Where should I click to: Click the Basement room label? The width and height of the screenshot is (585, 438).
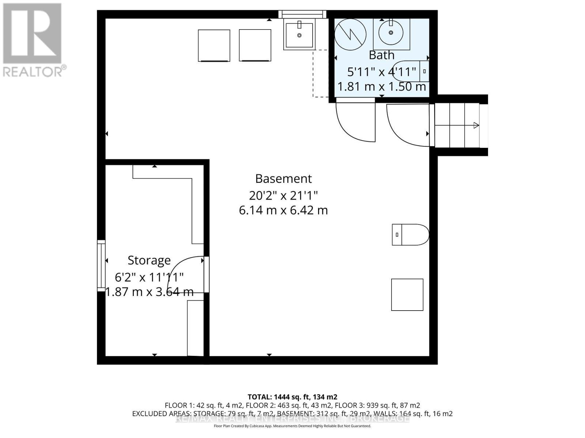[x=283, y=179]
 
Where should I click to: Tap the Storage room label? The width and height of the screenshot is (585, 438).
[x=149, y=260]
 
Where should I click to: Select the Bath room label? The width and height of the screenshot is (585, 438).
[x=381, y=55]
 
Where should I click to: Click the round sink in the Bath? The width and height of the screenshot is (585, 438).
[x=391, y=33]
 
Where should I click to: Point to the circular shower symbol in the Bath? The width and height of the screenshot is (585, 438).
[x=351, y=34]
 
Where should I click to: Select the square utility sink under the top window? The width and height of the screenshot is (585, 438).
[x=299, y=35]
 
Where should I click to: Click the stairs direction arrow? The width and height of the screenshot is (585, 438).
[x=476, y=126]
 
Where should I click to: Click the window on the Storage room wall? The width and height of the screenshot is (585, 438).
[x=101, y=265]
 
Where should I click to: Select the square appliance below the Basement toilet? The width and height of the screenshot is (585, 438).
[x=407, y=295]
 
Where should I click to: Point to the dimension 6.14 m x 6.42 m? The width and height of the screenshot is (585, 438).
[x=283, y=211]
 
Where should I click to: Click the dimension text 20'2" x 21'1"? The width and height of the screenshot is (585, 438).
[x=283, y=196]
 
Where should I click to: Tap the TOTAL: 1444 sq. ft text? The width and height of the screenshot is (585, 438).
[x=292, y=397]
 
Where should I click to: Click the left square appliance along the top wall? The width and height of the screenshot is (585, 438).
[x=214, y=46]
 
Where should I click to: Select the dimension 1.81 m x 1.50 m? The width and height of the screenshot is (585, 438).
[x=381, y=87]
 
